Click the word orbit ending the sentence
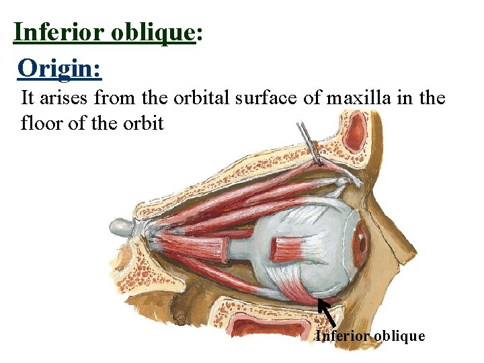coord(142,124)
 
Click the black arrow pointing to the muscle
coord(327,313)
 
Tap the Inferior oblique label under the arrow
coord(370,335)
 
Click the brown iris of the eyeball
coord(361,239)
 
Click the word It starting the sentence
coord(28,98)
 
